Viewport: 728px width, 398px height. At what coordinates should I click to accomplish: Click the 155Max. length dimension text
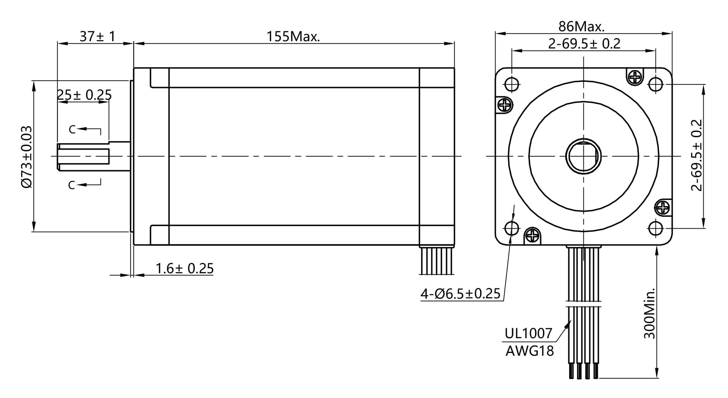pyautogui.click(x=293, y=36)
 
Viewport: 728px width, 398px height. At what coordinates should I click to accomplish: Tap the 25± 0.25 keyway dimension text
pyautogui.click(x=84, y=95)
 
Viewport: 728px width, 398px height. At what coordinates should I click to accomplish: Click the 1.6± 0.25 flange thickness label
pyautogui.click(x=184, y=268)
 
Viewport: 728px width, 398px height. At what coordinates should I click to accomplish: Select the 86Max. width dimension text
pyautogui.click(x=581, y=26)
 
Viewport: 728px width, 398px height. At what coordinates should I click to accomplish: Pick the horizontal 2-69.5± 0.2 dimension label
pyautogui.click(x=584, y=44)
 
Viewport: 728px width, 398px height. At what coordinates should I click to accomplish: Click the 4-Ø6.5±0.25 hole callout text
pyautogui.click(x=460, y=294)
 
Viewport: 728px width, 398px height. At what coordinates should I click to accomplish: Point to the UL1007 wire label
pyautogui.click(x=528, y=333)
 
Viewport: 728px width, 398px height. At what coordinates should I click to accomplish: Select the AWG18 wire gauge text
pyautogui.click(x=530, y=351)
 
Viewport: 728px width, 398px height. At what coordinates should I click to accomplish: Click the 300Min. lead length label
pyautogui.click(x=649, y=313)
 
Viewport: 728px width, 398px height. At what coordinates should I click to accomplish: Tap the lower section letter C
pyautogui.click(x=71, y=185)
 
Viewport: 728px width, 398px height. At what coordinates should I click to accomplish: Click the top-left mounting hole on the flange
pyautogui.click(x=512, y=84)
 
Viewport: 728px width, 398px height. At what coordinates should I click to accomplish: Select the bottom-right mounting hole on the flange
pyautogui.click(x=655, y=228)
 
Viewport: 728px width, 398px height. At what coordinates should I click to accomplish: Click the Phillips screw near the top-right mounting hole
pyautogui.click(x=635, y=77)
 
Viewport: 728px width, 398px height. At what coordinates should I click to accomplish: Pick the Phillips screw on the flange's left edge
pyautogui.click(x=505, y=104)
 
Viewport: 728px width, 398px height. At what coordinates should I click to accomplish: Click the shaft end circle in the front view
pyautogui.click(x=583, y=156)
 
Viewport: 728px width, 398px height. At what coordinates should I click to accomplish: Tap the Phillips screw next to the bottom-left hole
pyautogui.click(x=532, y=236)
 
